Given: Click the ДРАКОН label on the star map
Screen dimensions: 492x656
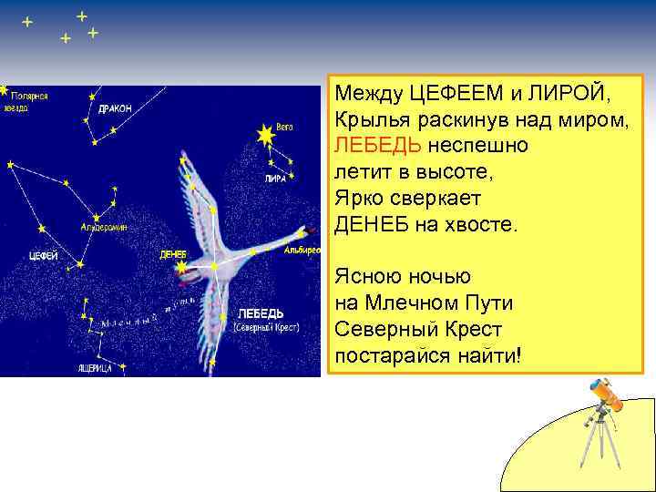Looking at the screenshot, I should click(x=115, y=108).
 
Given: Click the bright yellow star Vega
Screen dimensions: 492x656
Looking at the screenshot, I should click(x=265, y=136).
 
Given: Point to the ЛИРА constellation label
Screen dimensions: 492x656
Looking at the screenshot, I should click(x=274, y=179).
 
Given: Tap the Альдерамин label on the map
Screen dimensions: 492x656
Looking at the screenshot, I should click(x=104, y=225).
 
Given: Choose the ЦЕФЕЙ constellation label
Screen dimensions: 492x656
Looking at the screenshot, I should click(x=44, y=256).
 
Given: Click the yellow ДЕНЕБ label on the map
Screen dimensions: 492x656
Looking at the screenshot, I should click(x=172, y=254).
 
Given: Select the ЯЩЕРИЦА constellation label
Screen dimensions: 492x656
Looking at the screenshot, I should click(x=94, y=367).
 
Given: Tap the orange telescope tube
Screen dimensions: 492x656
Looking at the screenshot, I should click(x=603, y=391).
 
